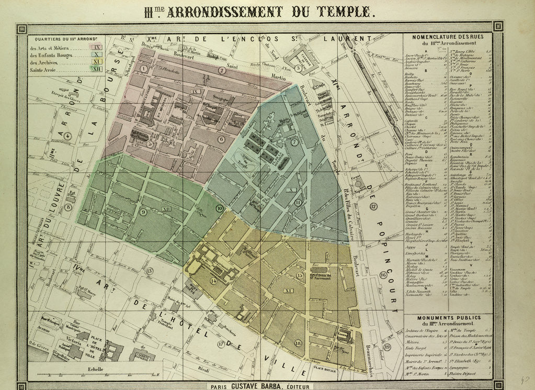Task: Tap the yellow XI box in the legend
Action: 95,62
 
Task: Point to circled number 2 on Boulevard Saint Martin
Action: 222,71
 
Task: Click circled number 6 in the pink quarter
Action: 222,139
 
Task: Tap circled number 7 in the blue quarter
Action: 294,142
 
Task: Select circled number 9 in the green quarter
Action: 143,212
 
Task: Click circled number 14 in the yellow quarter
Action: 213,281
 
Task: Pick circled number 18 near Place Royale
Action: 298,343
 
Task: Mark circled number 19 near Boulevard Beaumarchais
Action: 387,347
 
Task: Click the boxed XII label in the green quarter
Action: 167,209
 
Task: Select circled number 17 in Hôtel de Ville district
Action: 222,344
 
